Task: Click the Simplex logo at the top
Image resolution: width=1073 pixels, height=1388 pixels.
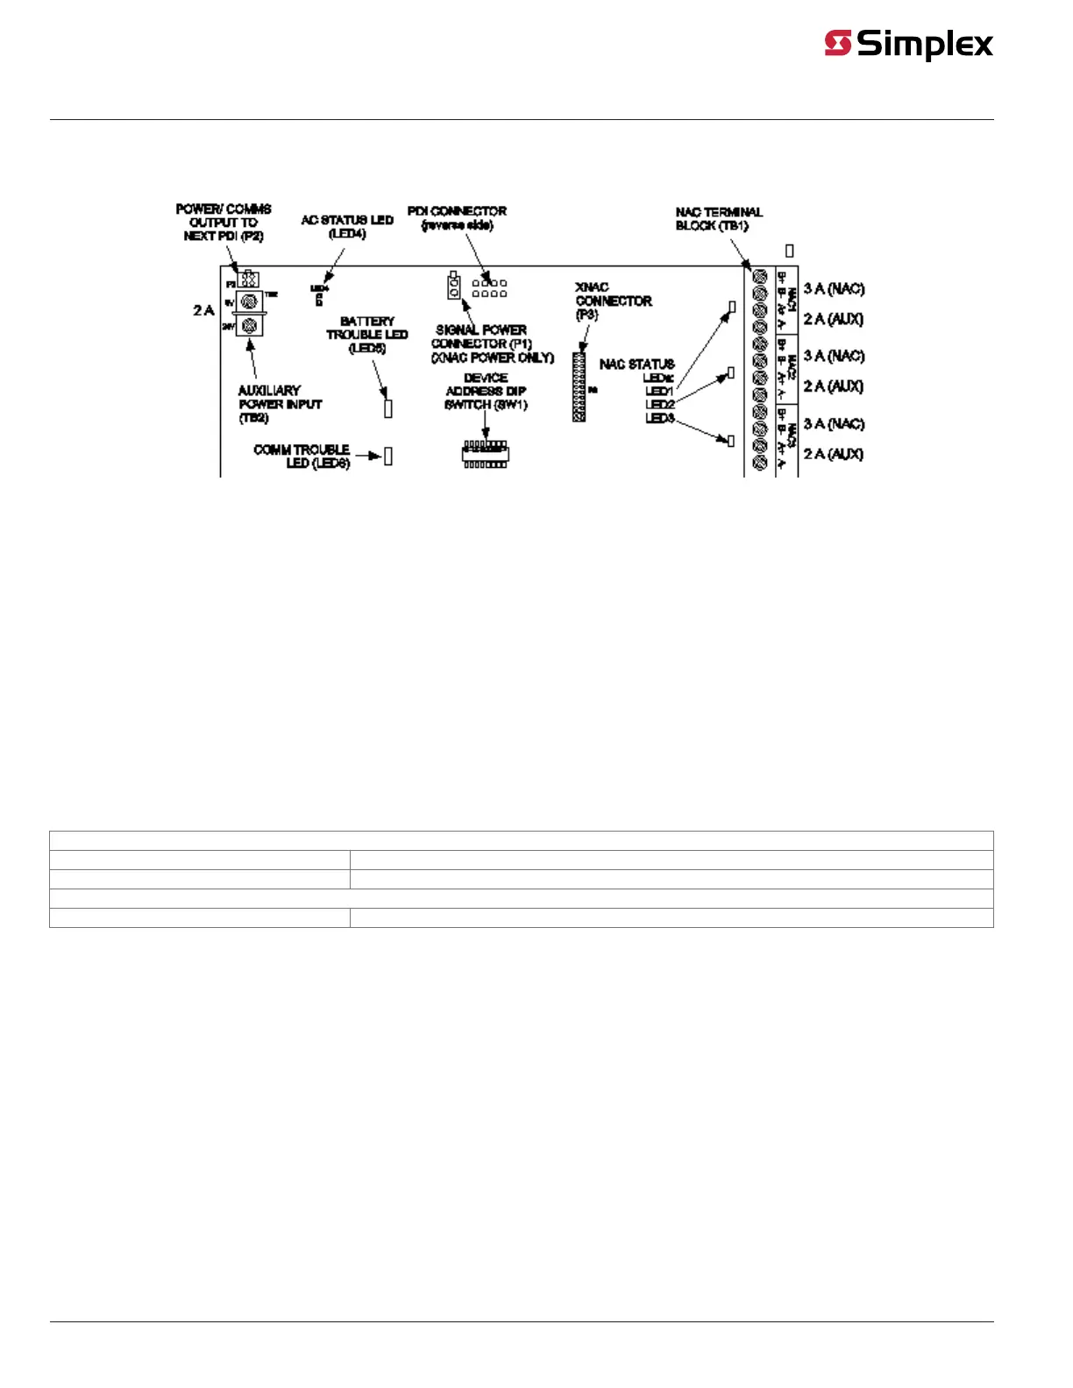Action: (x=908, y=44)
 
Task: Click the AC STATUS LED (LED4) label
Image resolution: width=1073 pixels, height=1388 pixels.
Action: (x=347, y=227)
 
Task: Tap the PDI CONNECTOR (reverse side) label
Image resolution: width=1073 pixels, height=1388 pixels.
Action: (x=457, y=218)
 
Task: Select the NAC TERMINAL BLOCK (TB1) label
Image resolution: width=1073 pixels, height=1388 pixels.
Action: (x=718, y=219)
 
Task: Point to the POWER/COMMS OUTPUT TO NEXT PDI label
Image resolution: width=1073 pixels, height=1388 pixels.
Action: (x=224, y=223)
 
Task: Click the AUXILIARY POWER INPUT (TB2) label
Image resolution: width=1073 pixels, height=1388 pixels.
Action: (x=279, y=404)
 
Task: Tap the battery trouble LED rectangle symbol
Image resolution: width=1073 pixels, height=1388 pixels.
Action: (x=388, y=408)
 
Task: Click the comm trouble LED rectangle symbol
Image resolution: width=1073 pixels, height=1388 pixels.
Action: (x=388, y=456)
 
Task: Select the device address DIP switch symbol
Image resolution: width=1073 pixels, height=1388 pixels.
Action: (x=485, y=455)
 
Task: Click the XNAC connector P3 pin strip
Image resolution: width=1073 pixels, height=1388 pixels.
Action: (x=579, y=387)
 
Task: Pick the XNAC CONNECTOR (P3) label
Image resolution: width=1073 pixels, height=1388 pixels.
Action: (x=613, y=301)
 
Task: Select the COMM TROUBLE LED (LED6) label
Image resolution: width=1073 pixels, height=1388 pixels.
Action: (x=302, y=456)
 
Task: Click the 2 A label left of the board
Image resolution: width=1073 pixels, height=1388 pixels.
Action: (x=203, y=310)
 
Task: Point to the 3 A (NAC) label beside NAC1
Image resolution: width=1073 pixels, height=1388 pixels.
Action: (x=834, y=289)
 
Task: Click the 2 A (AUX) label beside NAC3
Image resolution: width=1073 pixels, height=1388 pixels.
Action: (x=833, y=454)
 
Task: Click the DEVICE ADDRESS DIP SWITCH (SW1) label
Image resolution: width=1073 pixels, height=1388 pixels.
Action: (x=486, y=391)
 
